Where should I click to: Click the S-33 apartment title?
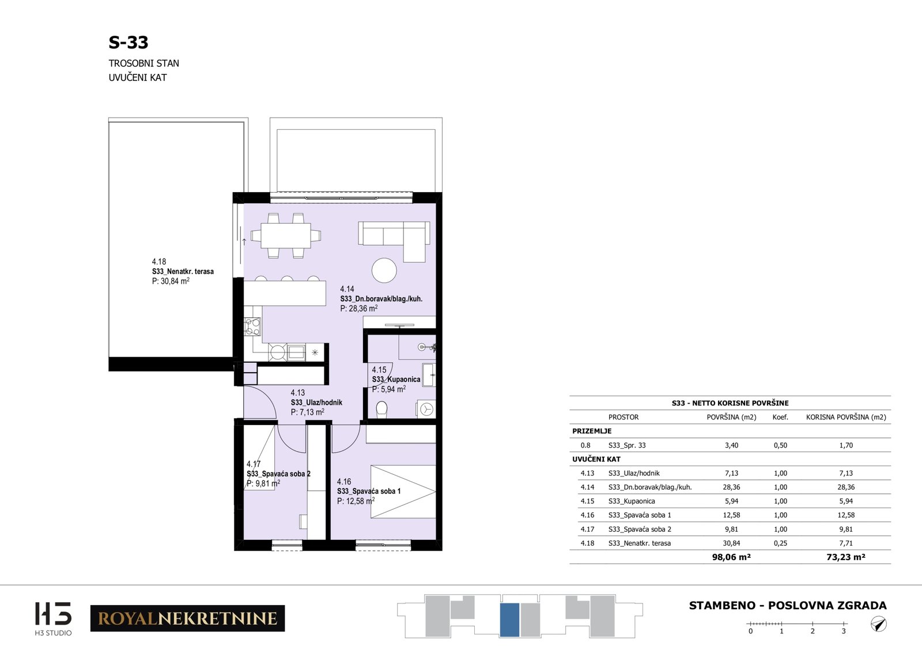click(x=128, y=43)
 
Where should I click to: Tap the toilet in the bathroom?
click(x=381, y=410)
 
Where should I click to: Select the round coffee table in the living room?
click(x=384, y=271)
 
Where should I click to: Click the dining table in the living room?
click(x=286, y=235)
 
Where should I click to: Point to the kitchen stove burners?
click(x=252, y=326)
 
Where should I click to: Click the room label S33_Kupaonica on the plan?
click(x=396, y=380)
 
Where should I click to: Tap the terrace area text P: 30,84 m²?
click(x=171, y=281)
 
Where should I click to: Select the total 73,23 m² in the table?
click(x=846, y=557)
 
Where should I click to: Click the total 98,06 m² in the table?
click(x=731, y=557)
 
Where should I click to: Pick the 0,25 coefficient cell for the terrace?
click(x=780, y=543)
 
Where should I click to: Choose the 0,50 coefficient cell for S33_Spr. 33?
click(x=780, y=445)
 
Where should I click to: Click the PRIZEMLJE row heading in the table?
click(x=592, y=431)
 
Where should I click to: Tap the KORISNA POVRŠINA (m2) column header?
click(x=846, y=417)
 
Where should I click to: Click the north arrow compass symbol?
click(x=878, y=624)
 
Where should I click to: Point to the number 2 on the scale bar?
click(x=813, y=631)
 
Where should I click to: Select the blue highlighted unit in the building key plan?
click(x=509, y=620)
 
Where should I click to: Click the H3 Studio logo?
click(x=53, y=618)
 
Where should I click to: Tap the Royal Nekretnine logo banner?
click(x=188, y=618)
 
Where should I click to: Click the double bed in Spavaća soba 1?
click(x=403, y=491)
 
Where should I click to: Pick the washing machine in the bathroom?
click(x=426, y=409)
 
